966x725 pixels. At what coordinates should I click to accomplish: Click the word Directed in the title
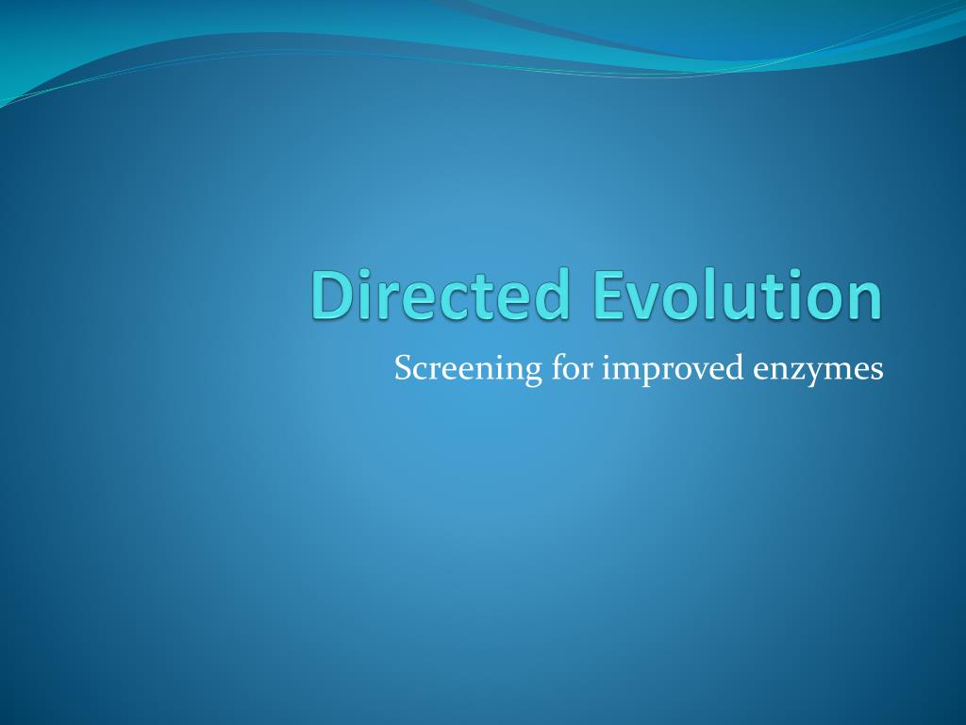pyautogui.click(x=440, y=295)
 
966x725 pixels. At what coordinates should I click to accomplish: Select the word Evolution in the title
pyautogui.click(x=738, y=295)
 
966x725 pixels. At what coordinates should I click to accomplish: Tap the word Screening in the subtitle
pyautogui.click(x=468, y=369)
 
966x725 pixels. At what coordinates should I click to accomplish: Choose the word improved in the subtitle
pyautogui.click(x=674, y=369)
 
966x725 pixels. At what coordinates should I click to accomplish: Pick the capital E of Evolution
pyautogui.click(x=608, y=295)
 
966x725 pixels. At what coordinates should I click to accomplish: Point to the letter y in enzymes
pyautogui.click(x=817, y=374)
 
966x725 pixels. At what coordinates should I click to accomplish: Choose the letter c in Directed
pyautogui.click(x=464, y=301)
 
